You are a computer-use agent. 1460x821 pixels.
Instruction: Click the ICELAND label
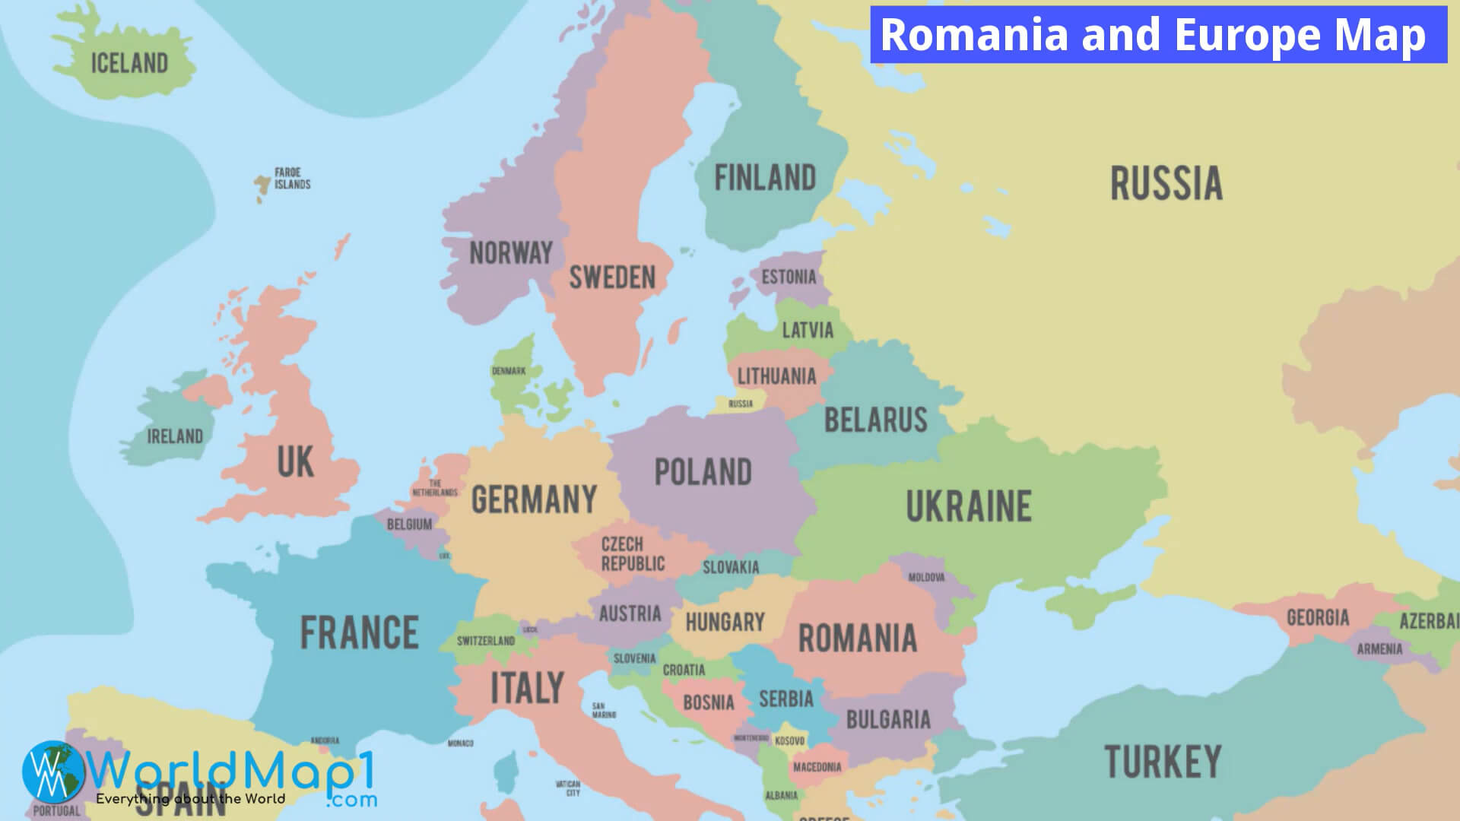point(129,63)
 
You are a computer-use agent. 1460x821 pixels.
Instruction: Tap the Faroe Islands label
point(293,179)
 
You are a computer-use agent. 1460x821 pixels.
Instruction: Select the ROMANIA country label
point(857,639)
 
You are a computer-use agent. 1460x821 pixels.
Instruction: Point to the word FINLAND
point(765,178)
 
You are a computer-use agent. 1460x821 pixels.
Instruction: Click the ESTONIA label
point(789,277)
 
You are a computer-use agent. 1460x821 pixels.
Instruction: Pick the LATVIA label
point(808,330)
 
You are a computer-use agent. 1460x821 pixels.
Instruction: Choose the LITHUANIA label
point(776,376)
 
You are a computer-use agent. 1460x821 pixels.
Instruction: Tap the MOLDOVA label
point(926,578)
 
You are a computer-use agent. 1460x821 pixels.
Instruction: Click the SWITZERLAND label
point(485,641)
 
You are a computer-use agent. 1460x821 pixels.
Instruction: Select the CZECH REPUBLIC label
point(633,554)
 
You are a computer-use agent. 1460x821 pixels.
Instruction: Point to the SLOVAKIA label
point(730,567)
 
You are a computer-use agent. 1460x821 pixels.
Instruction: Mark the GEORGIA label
point(1318,617)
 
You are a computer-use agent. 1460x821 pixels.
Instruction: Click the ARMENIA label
point(1379,649)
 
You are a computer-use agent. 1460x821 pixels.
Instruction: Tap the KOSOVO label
point(789,740)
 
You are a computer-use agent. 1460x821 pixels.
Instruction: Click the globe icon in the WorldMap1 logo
point(52,772)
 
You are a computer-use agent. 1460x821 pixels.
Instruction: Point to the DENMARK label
point(509,371)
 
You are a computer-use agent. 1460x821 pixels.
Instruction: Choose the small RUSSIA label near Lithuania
point(740,404)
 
